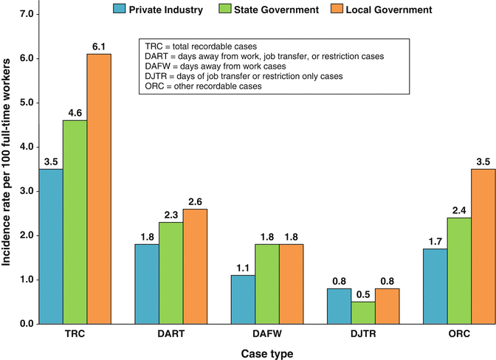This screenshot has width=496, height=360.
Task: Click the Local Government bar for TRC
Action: click(99, 189)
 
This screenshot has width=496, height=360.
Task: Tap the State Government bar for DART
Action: click(170, 273)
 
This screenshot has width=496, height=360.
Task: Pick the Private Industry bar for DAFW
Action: click(243, 300)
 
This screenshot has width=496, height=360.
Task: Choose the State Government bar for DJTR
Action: click(362, 313)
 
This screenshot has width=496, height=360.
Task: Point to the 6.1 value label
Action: click(99, 46)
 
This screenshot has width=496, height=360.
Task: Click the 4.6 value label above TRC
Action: click(75, 112)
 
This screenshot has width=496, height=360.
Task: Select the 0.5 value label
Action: click(362, 294)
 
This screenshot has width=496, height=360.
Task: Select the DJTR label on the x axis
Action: click(362, 333)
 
